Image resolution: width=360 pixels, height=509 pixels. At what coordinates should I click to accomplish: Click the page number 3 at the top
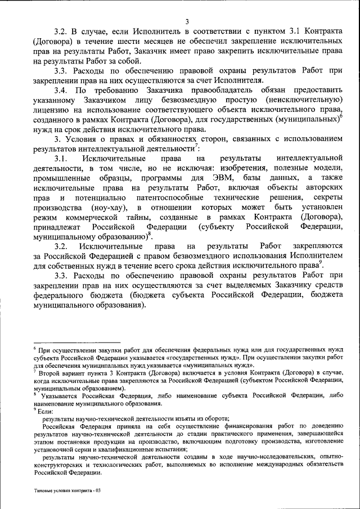point(187,22)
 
